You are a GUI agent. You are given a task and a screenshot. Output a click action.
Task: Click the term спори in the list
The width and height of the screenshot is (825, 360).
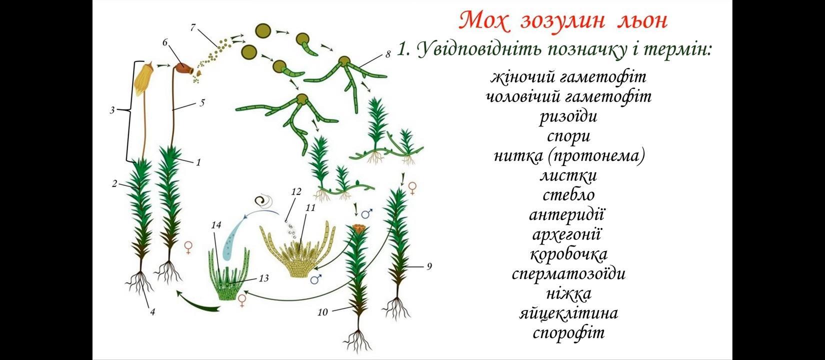click(568, 136)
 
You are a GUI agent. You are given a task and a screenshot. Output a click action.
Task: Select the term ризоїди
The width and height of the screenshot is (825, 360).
click(568, 116)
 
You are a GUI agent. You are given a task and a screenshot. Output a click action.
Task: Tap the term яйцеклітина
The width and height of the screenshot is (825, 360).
click(568, 313)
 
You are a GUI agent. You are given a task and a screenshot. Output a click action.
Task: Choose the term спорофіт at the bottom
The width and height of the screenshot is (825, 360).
click(568, 333)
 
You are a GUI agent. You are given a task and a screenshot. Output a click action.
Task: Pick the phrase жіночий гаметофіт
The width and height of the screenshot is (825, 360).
click(568, 77)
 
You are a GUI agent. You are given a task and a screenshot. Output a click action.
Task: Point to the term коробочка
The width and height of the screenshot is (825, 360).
click(568, 254)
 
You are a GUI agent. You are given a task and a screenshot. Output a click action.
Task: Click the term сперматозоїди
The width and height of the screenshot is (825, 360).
click(568, 274)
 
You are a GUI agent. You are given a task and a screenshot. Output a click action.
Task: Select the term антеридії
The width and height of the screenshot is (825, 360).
click(567, 215)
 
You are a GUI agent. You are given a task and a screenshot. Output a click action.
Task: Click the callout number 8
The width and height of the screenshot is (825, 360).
click(387, 54)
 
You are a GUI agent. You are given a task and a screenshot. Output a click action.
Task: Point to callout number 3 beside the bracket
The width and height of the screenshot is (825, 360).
click(112, 110)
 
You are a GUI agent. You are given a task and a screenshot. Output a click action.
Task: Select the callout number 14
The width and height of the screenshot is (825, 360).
click(216, 225)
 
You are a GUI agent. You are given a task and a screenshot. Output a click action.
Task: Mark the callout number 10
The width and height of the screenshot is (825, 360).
click(322, 312)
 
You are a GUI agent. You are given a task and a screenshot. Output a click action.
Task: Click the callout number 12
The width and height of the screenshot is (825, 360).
click(295, 191)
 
